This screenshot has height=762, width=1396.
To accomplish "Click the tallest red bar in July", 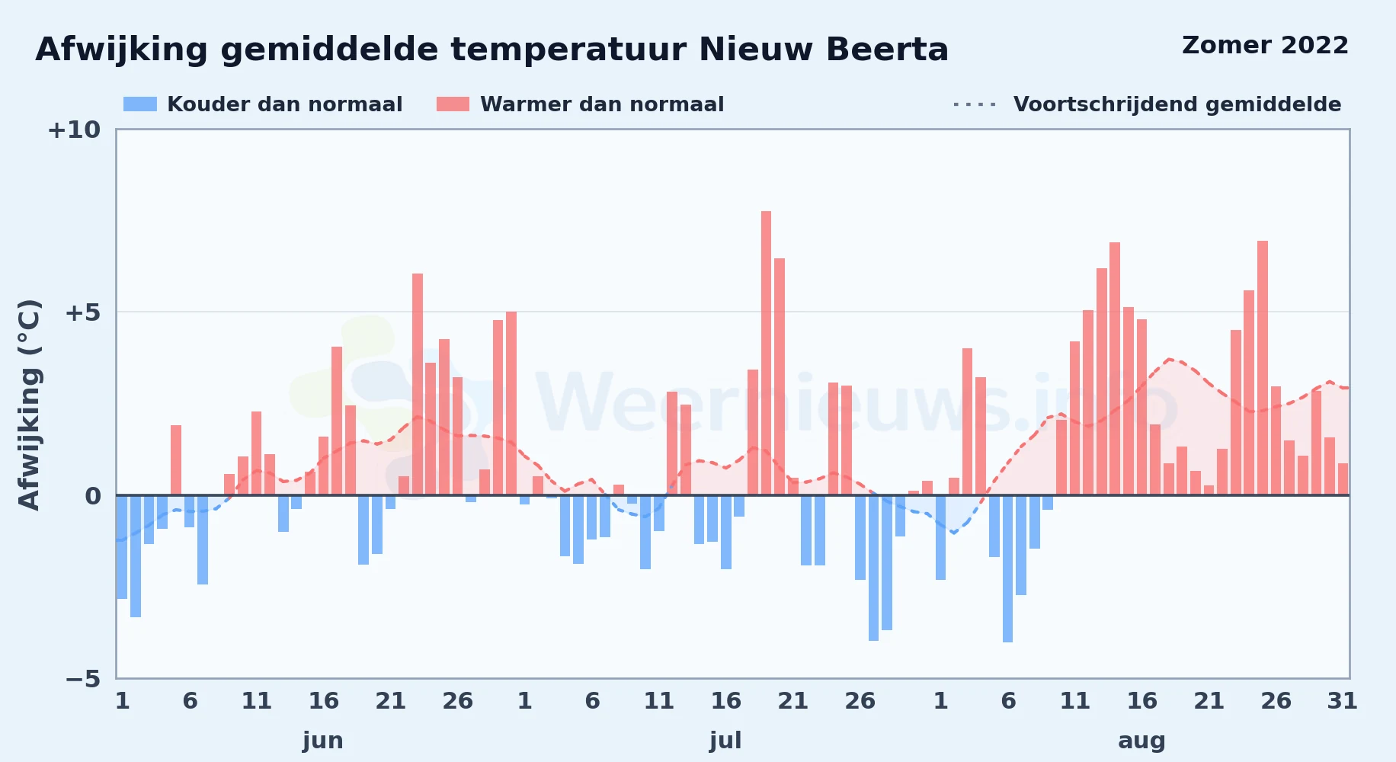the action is click(766, 353).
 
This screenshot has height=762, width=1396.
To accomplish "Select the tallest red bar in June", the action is click(418, 384).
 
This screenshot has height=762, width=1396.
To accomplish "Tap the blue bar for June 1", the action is click(122, 547).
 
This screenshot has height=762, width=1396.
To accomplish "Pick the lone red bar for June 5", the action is click(176, 460).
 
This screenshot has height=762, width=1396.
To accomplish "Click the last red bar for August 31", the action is click(1343, 479).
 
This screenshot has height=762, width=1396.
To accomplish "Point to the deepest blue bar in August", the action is click(1008, 568).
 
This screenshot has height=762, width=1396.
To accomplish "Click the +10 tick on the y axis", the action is click(74, 130).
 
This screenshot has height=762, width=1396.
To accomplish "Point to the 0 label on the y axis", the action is click(93, 496).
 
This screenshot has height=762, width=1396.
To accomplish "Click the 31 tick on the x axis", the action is click(1343, 701).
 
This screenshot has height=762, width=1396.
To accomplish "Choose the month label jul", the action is click(725, 741).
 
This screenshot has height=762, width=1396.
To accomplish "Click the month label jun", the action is click(323, 741).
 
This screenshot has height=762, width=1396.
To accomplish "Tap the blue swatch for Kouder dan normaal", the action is click(140, 104).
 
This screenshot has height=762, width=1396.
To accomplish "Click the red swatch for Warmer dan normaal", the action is click(453, 104).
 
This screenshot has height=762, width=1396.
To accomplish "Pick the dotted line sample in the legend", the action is click(975, 104).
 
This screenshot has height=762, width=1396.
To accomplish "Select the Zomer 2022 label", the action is click(1265, 45).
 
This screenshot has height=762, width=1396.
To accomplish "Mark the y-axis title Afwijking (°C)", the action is click(29, 405).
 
